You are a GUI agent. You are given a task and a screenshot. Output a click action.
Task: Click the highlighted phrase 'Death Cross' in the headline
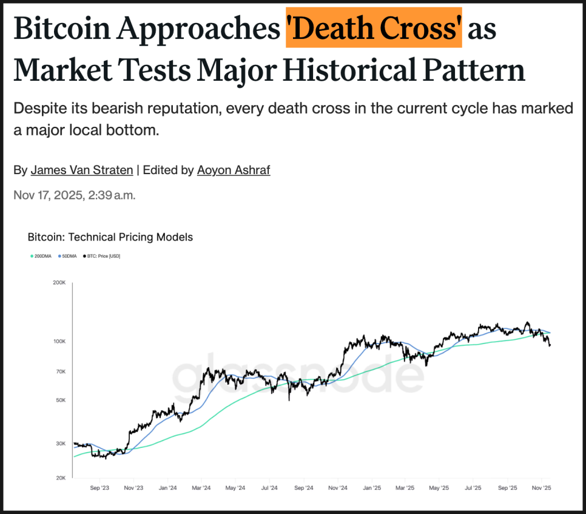pyautogui.click(x=374, y=29)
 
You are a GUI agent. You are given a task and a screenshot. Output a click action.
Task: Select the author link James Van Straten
pyautogui.click(x=82, y=170)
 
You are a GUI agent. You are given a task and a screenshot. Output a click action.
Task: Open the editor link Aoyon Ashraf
pyautogui.click(x=234, y=170)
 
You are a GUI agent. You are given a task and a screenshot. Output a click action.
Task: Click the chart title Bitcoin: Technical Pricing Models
pyautogui.click(x=110, y=237)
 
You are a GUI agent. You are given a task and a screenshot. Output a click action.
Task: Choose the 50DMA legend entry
pyautogui.click(x=68, y=256)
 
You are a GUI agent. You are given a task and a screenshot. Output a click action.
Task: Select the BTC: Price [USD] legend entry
pyautogui.click(x=103, y=256)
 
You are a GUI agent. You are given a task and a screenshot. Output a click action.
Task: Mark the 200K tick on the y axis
pyautogui.click(x=59, y=283)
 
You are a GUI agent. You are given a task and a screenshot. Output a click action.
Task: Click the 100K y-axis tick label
pyautogui.click(x=59, y=342)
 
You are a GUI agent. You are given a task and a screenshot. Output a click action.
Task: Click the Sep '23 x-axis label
pyautogui.click(x=99, y=487)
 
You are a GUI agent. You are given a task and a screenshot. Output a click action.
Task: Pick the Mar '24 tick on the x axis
pyautogui.click(x=201, y=487)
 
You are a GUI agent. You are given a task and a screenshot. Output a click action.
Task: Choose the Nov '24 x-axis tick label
pyautogui.click(x=337, y=487)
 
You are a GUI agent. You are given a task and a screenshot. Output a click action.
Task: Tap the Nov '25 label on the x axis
pyautogui.click(x=542, y=487)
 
